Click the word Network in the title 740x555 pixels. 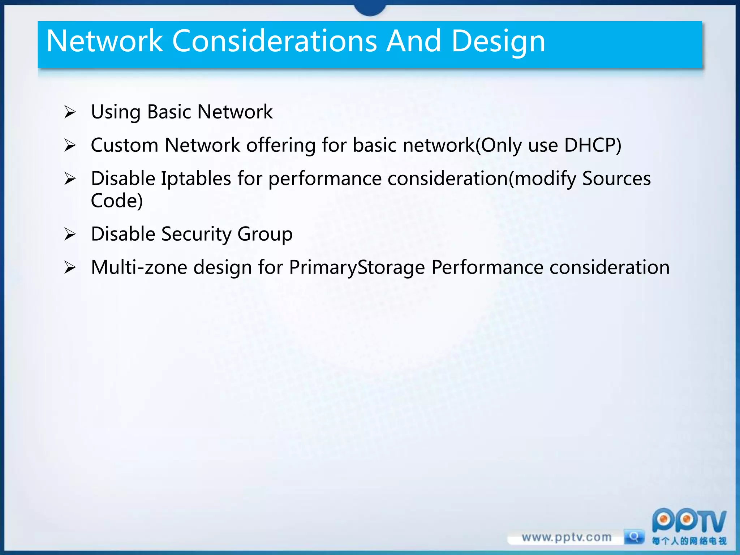(105, 42)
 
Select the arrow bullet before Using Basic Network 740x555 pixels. (70, 112)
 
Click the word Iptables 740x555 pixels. (196, 179)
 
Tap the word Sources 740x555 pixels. (616, 179)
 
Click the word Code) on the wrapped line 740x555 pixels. (117, 201)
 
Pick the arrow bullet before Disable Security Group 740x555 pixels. (70, 235)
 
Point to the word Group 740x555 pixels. (265, 235)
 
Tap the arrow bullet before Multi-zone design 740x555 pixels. (70, 268)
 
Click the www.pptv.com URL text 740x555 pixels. (566, 537)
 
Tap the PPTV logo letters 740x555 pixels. (689, 521)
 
